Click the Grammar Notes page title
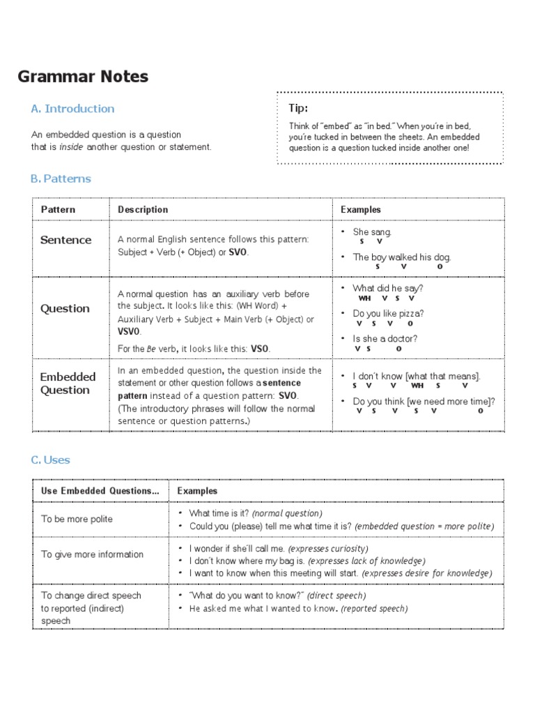coord(83,77)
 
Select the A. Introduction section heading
coord(72,109)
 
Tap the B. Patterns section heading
coord(61,178)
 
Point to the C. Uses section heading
coord(50,460)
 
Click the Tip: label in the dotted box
coord(298,108)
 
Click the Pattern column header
coord(59,209)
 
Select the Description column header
coord(143,209)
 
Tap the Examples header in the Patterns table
coord(361,209)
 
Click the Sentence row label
coord(66,240)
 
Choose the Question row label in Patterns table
coord(65,308)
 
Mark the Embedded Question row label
coord(68,383)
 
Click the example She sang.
coord(373,232)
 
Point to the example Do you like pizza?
coord(388,314)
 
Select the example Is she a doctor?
coord(385,339)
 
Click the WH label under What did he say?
coord(364,298)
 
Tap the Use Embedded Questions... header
coord(100,491)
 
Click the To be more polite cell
coord(77,519)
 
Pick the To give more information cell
coord(92,554)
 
